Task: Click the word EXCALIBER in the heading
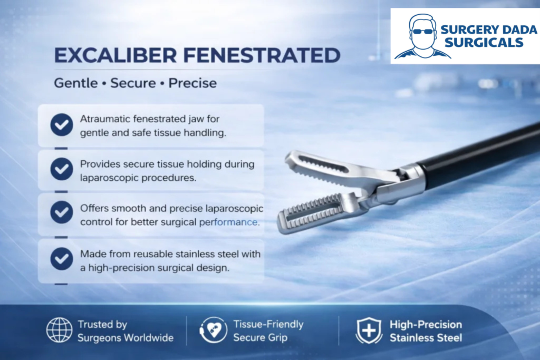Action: pos(115,55)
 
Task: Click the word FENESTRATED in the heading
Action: pos(262,55)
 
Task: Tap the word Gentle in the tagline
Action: pos(76,83)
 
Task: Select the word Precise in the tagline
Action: pos(192,83)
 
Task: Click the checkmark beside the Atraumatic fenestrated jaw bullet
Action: pos(62,124)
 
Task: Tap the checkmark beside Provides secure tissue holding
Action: pos(62,169)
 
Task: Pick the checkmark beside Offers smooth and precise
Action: pos(62,212)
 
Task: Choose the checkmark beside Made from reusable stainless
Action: pos(62,258)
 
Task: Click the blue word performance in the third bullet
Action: pos(228,222)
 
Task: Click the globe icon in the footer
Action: pos(59,330)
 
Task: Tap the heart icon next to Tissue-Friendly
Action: pos(214,330)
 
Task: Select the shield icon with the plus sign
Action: pos(369,330)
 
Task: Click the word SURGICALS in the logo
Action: pos(484,43)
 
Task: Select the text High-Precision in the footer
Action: pos(426,325)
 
